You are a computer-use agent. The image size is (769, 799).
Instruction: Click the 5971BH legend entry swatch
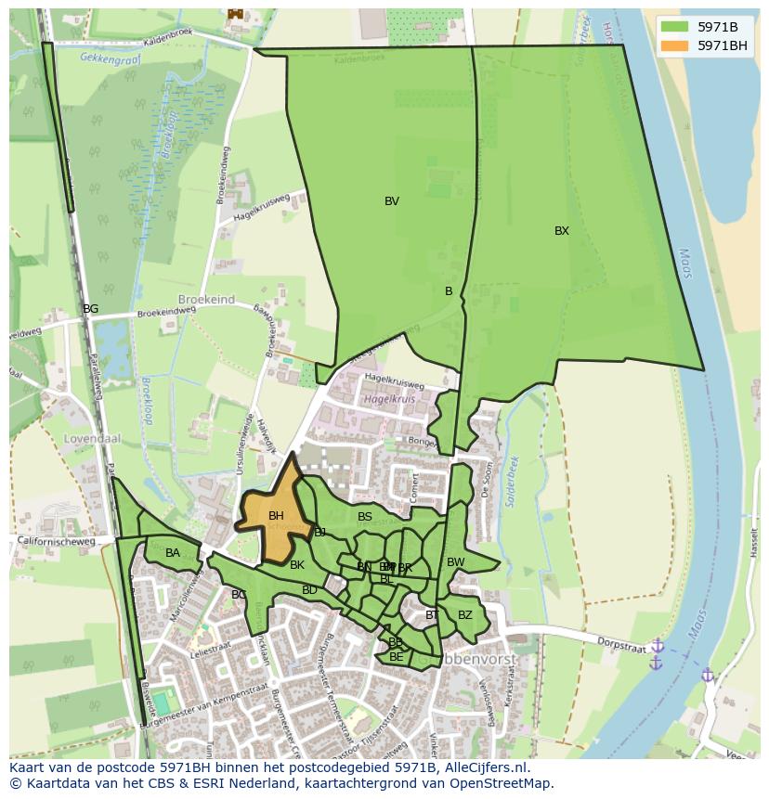[675, 45]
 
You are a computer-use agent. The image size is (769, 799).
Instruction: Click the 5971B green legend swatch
[675, 27]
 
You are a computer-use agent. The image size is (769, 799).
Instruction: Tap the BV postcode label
[392, 201]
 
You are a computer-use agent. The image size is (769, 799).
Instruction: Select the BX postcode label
[562, 231]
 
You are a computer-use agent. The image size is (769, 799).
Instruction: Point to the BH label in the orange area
[276, 516]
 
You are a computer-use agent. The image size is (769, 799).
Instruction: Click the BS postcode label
[365, 517]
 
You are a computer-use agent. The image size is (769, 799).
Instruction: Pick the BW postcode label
[455, 562]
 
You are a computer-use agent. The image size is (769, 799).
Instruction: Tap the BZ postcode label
[465, 614]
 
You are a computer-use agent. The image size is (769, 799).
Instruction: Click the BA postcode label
[173, 553]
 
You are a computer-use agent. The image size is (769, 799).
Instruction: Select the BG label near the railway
[90, 309]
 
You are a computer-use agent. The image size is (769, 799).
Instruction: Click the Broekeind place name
[206, 301]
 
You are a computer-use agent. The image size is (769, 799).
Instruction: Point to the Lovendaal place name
[87, 438]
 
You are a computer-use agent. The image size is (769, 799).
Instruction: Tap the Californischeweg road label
[62, 541]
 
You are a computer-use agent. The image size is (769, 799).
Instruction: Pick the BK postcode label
[297, 565]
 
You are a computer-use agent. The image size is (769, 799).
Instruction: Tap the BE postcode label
[397, 657]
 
